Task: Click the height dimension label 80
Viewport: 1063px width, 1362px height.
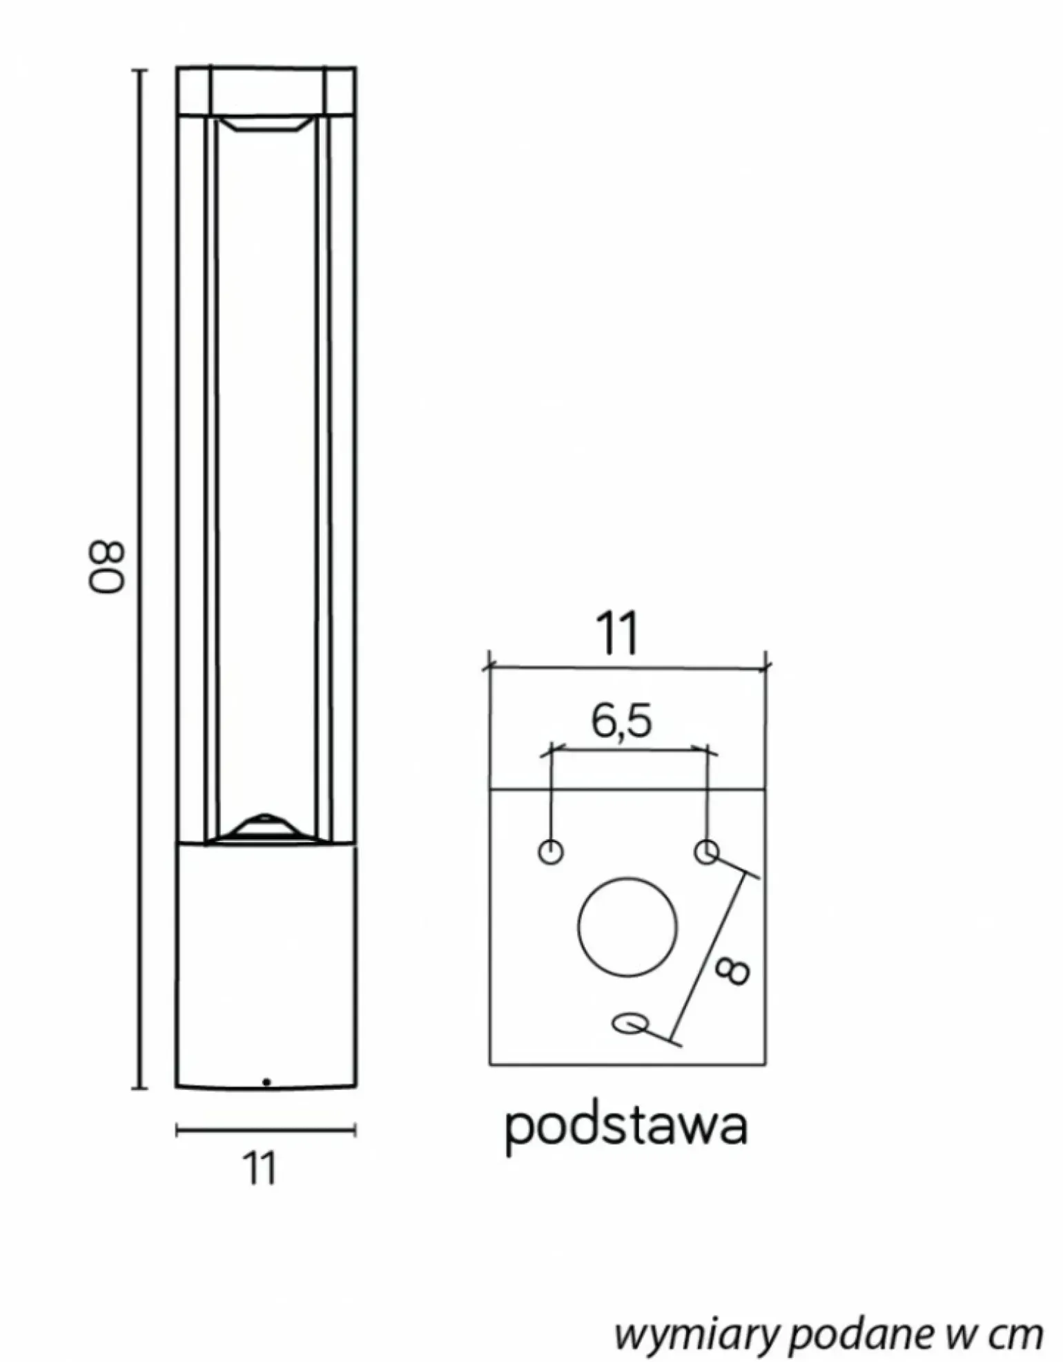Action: click(x=107, y=567)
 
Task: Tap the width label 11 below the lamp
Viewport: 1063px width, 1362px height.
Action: click(x=259, y=1169)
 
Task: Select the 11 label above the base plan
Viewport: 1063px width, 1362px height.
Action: click(x=617, y=633)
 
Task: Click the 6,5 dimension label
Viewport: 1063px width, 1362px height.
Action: click(x=621, y=721)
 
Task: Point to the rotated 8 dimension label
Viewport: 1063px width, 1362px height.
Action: click(x=731, y=972)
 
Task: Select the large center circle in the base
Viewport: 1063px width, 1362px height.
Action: click(x=627, y=927)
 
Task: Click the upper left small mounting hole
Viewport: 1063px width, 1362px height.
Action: click(x=550, y=851)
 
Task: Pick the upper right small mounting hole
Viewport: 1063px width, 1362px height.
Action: click(x=706, y=851)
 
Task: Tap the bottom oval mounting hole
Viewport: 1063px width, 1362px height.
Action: click(x=630, y=1023)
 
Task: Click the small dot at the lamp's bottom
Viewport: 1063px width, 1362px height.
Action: click(x=266, y=1082)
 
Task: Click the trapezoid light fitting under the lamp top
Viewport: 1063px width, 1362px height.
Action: click(x=266, y=124)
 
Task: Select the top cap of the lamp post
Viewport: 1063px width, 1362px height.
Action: click(x=266, y=90)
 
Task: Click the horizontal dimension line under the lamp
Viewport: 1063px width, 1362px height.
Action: click(x=266, y=1130)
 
